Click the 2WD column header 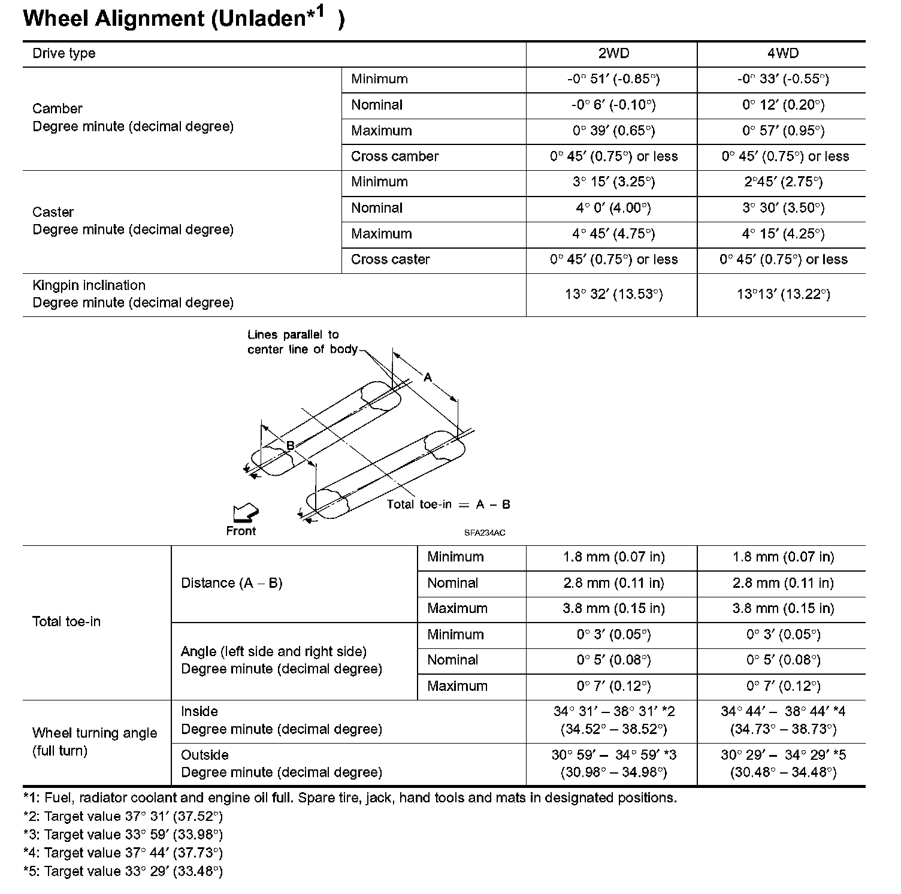point(614,53)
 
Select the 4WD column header point(783,53)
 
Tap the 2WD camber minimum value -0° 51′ point(614,79)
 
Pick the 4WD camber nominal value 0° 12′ point(783,105)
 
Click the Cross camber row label point(395,156)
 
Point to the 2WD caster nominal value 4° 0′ point(614,208)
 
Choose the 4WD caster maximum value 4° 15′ point(783,234)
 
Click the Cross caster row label point(391,259)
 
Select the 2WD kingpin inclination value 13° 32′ point(614,294)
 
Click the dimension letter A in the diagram point(428,377)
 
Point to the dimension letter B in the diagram point(290,446)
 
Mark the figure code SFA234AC point(484,533)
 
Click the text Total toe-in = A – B point(448,505)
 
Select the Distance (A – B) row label point(232,583)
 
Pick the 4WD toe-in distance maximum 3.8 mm point(783,609)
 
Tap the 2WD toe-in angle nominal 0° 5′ point(614,660)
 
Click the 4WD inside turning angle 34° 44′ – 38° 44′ point(783,712)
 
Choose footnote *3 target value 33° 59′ point(123,835)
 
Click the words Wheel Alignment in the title point(114,19)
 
